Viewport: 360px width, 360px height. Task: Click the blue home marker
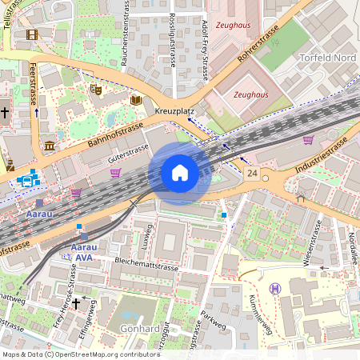pos(180,174)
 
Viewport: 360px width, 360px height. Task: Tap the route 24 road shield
pos(253,174)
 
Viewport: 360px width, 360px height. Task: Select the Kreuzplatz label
pos(175,111)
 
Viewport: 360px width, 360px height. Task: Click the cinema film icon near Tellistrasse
pos(31,34)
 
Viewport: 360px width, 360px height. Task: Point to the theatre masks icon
pos(96,89)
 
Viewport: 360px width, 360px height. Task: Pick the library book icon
pos(136,100)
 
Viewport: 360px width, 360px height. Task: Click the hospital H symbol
pos(275,288)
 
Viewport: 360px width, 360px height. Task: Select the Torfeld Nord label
pos(327,58)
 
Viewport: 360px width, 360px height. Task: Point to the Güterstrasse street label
pos(129,148)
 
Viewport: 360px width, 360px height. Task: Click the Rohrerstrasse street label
pos(264,44)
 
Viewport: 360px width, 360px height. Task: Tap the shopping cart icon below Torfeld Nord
pos(308,140)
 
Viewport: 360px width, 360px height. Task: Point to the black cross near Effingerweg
pos(76,303)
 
